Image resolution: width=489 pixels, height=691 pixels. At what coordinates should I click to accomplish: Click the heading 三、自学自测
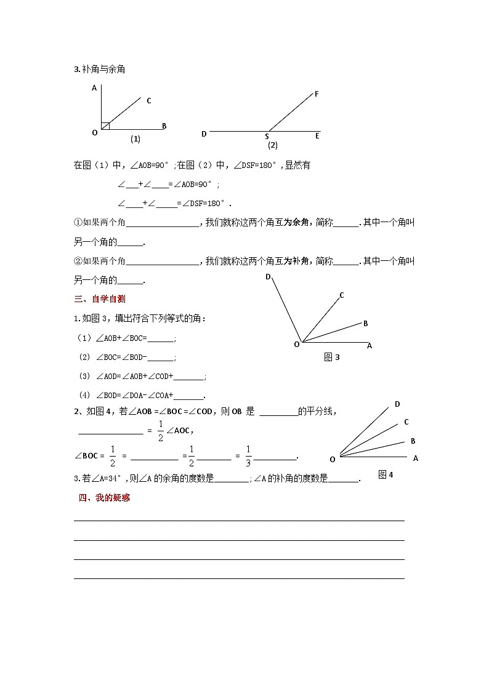point(100,299)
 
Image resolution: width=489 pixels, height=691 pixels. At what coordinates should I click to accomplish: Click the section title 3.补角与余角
point(100,70)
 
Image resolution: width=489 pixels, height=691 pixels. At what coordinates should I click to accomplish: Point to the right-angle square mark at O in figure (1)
point(105,126)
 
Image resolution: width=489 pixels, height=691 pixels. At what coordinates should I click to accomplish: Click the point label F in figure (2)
point(317,94)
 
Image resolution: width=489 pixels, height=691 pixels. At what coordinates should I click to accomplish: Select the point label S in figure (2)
point(267,137)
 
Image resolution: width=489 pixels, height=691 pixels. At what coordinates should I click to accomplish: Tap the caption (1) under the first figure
point(135,139)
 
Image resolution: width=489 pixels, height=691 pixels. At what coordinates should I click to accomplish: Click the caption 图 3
point(332,357)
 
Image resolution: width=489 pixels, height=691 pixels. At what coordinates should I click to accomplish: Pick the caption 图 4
point(386,474)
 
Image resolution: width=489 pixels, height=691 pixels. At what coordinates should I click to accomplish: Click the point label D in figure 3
point(269,277)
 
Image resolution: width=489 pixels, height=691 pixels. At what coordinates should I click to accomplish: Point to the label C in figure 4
point(406,422)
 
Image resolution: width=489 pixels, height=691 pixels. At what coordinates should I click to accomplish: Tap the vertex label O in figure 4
point(333,459)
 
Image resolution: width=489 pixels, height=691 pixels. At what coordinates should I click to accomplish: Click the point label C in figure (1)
point(149,101)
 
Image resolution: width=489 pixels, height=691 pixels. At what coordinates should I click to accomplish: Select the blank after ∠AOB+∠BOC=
point(161,338)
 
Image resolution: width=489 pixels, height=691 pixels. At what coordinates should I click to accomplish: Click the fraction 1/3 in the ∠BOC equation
point(249,456)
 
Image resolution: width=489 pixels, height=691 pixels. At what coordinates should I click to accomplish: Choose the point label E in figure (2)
point(317,136)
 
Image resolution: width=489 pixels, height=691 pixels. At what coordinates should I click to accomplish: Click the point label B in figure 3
point(366,324)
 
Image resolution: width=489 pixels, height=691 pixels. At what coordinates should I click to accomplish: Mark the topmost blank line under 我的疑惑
point(239,520)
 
